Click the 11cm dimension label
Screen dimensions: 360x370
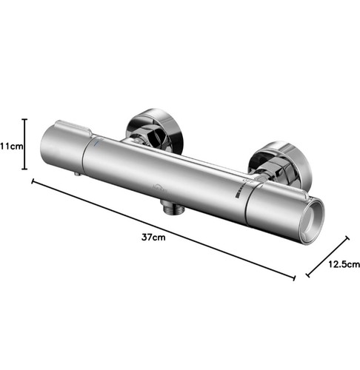point(12,147)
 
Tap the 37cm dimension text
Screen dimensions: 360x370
point(153,238)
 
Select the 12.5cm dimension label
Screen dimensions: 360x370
point(344,264)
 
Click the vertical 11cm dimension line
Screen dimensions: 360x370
point(24,144)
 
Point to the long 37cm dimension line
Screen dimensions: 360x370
point(164,229)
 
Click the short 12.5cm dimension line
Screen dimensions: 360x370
point(327,257)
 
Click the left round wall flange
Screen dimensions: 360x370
point(154,131)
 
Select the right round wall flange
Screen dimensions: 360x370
point(280,164)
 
